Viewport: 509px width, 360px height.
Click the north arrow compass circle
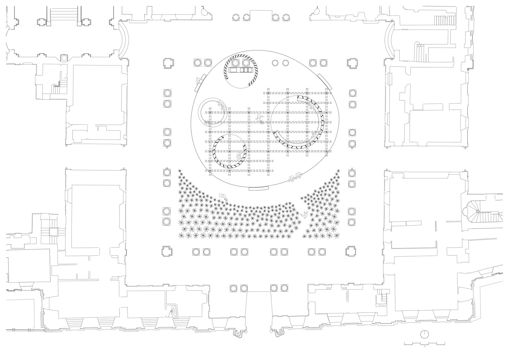424,334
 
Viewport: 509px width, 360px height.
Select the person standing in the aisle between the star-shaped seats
304,215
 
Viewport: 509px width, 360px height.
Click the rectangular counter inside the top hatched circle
241,70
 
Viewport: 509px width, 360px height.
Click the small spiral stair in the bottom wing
173,311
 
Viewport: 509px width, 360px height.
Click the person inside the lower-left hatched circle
239,157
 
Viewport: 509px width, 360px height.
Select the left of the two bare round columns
275,63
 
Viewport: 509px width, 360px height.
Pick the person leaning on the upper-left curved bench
198,81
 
